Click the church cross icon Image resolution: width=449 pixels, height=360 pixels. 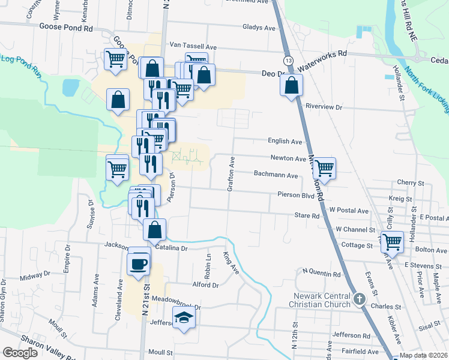pyautogui.click(x=359, y=298)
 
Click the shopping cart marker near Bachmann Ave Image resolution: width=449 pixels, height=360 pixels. pyautogui.click(x=324, y=169)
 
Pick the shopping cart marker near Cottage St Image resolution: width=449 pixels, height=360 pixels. pyautogui.click(x=392, y=242)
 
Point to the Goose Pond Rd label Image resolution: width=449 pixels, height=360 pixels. pyautogui.click(x=66, y=27)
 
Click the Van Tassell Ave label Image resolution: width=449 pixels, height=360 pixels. pyautogui.click(x=193, y=46)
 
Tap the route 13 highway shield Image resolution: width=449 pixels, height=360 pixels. pyautogui.click(x=289, y=61)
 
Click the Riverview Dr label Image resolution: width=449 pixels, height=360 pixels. pyautogui.click(x=323, y=107)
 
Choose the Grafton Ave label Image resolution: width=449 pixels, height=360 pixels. pyautogui.click(x=230, y=175)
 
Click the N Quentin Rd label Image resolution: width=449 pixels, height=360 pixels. pyautogui.click(x=322, y=273)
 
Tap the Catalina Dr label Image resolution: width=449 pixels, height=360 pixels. pyautogui.click(x=172, y=247)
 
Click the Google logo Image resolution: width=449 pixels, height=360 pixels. pyautogui.click(x=20, y=353)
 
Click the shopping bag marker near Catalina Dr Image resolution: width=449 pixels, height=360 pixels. pyautogui.click(x=155, y=229)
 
